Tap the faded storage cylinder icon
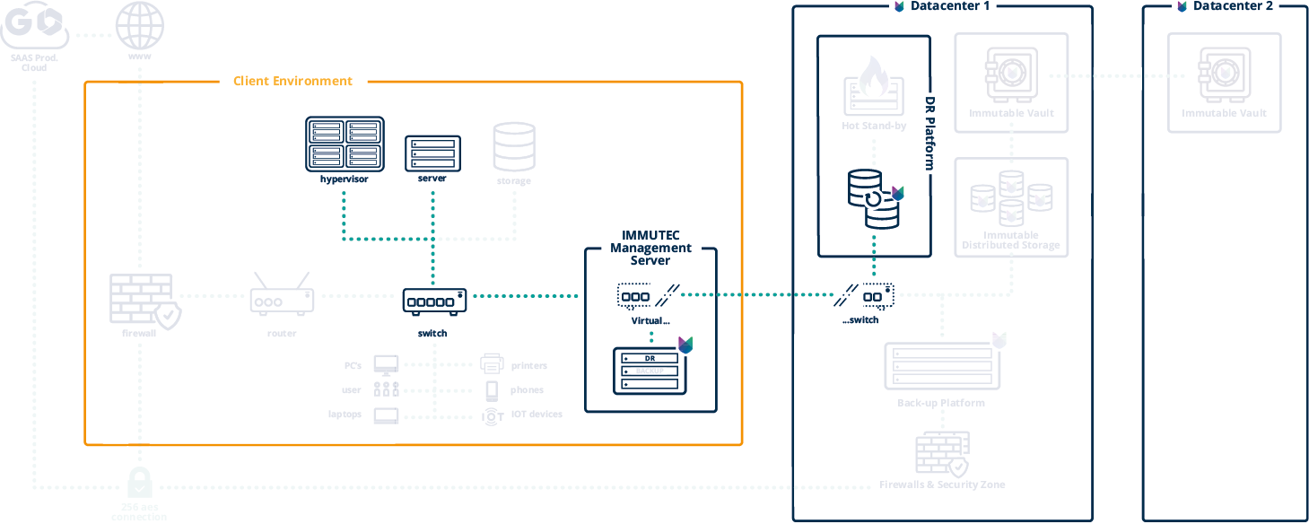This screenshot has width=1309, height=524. click(x=514, y=147)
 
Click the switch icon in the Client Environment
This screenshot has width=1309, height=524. click(x=434, y=301)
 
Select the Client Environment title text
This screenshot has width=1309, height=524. click(x=292, y=81)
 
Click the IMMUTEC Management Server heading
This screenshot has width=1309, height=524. click(x=650, y=248)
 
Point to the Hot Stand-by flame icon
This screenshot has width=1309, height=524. click(x=873, y=85)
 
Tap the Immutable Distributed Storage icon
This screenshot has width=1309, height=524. click(x=1011, y=198)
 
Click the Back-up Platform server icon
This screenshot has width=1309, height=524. click(x=943, y=364)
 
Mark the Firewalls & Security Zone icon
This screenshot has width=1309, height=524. click(x=942, y=454)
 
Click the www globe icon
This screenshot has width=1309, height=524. click(x=140, y=26)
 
